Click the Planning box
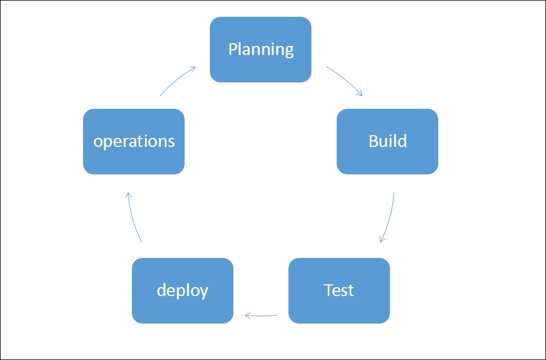(x=260, y=49)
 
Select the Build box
(x=387, y=141)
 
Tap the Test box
(x=339, y=291)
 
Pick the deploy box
(x=182, y=291)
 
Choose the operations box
(x=134, y=141)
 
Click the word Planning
(x=261, y=49)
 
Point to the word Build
(x=388, y=141)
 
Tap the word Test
(x=339, y=290)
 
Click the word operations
(x=134, y=142)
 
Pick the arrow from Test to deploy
(x=261, y=316)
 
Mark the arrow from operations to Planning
(x=176, y=80)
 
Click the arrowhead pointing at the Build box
(x=360, y=93)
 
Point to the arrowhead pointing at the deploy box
(x=247, y=316)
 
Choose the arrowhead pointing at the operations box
(x=129, y=196)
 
